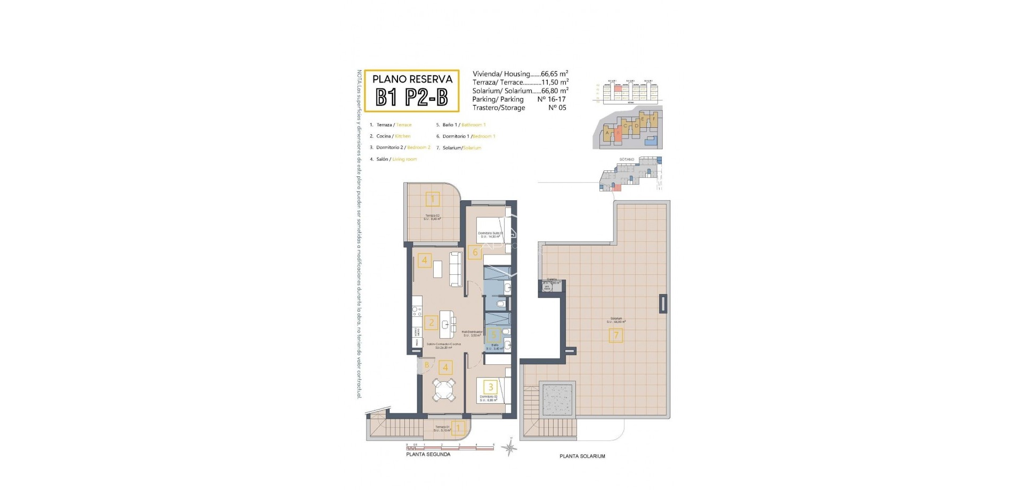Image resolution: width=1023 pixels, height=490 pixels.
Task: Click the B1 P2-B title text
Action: coord(411,97)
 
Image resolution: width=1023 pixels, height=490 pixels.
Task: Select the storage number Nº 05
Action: coord(557,108)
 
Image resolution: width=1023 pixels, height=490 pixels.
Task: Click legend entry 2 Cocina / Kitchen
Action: coord(393,136)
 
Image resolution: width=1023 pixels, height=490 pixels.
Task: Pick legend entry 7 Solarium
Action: coord(461,148)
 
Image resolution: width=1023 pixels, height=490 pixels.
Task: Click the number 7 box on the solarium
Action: coord(616,336)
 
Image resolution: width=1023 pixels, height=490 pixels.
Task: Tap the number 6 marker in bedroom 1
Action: coord(475,252)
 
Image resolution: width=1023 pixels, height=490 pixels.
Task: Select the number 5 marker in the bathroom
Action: coord(493,335)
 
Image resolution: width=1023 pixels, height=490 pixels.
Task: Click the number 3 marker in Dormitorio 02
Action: coord(491,387)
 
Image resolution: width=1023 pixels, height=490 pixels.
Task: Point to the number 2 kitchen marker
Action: coord(431,322)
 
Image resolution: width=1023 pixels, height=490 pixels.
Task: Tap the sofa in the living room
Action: coord(457,269)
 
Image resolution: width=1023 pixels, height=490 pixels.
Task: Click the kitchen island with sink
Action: coord(449,324)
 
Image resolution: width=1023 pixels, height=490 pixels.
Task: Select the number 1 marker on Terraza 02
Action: coord(433,200)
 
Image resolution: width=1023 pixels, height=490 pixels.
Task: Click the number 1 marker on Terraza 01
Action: coord(459,427)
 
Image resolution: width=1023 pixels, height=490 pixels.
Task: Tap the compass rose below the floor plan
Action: coord(510,448)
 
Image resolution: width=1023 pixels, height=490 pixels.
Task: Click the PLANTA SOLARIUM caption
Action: coord(582,456)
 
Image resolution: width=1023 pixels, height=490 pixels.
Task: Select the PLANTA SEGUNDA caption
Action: coord(428,454)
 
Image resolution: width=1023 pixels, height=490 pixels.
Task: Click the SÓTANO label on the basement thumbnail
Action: coord(627,159)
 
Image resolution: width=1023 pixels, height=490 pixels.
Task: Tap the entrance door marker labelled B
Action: coord(427,365)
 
